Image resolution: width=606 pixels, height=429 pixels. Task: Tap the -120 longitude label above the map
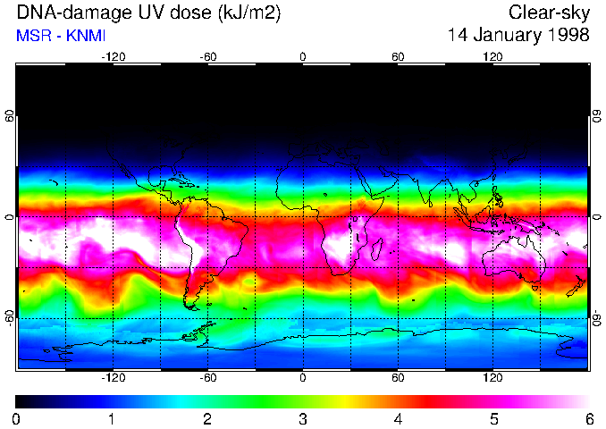point(113,56)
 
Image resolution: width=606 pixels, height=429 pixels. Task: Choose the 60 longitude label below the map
point(398,377)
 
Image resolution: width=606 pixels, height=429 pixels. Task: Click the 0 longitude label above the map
point(303,56)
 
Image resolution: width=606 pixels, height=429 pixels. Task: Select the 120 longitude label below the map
point(492,377)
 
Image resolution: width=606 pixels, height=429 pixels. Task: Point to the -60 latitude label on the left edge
point(9,317)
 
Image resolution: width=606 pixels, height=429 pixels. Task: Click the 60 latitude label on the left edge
point(9,116)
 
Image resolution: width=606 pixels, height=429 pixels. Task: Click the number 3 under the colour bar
point(303,417)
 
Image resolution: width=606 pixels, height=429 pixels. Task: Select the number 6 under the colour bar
point(588,417)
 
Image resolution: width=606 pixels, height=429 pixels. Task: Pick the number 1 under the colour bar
point(112,417)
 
